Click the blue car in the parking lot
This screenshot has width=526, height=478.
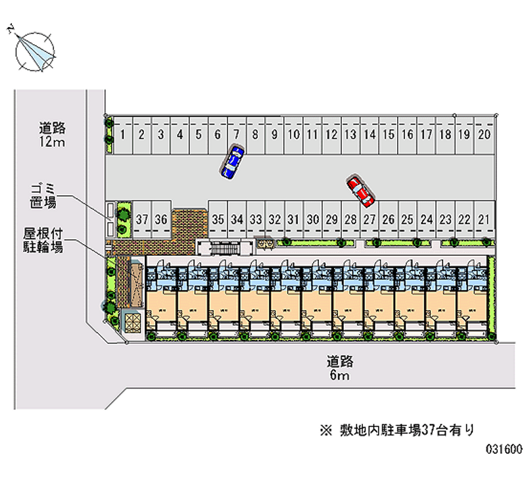click(232, 162)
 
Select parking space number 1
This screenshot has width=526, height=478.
click(123, 135)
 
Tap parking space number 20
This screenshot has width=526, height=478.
click(484, 135)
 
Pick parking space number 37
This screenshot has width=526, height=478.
click(142, 220)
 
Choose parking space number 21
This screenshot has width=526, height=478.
click(484, 220)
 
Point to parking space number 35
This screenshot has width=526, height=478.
click(219, 220)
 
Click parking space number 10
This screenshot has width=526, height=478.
click(294, 135)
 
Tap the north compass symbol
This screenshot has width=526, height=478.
click(36, 51)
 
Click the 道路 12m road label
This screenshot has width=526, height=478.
click(53, 134)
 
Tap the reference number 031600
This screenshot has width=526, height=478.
click(504, 451)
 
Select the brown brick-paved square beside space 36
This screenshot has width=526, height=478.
click(189, 224)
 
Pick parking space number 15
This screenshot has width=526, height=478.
click(389, 135)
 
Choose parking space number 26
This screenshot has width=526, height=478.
click(389, 220)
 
